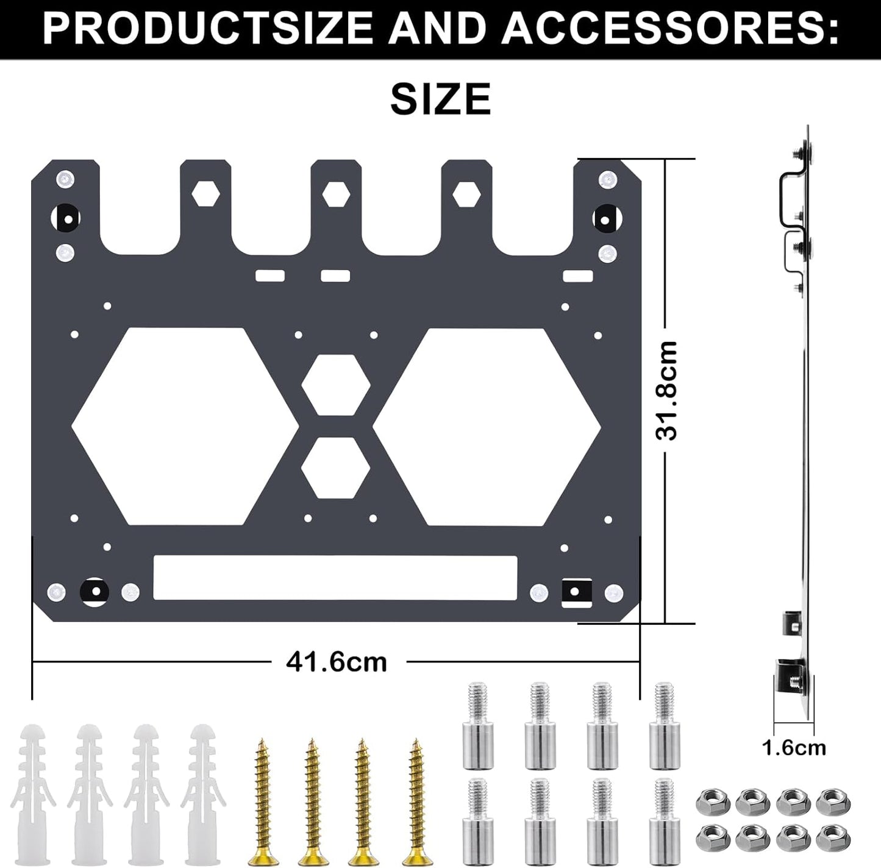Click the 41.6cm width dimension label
[337, 661]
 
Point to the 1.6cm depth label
[794, 747]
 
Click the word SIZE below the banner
[440, 99]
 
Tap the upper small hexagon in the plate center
[336, 386]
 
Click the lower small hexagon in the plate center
[336, 467]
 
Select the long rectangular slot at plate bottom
[335, 577]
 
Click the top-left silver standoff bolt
[477, 725]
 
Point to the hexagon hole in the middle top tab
[336, 194]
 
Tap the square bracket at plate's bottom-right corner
[576, 591]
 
